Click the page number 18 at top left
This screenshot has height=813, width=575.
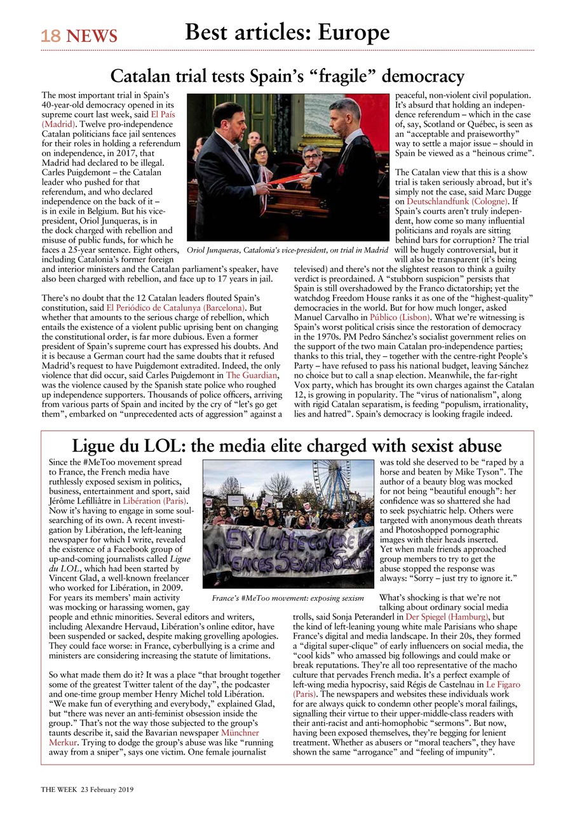click(50, 36)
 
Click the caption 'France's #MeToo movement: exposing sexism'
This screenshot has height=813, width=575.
click(287, 598)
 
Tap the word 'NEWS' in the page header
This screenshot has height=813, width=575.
click(91, 36)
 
